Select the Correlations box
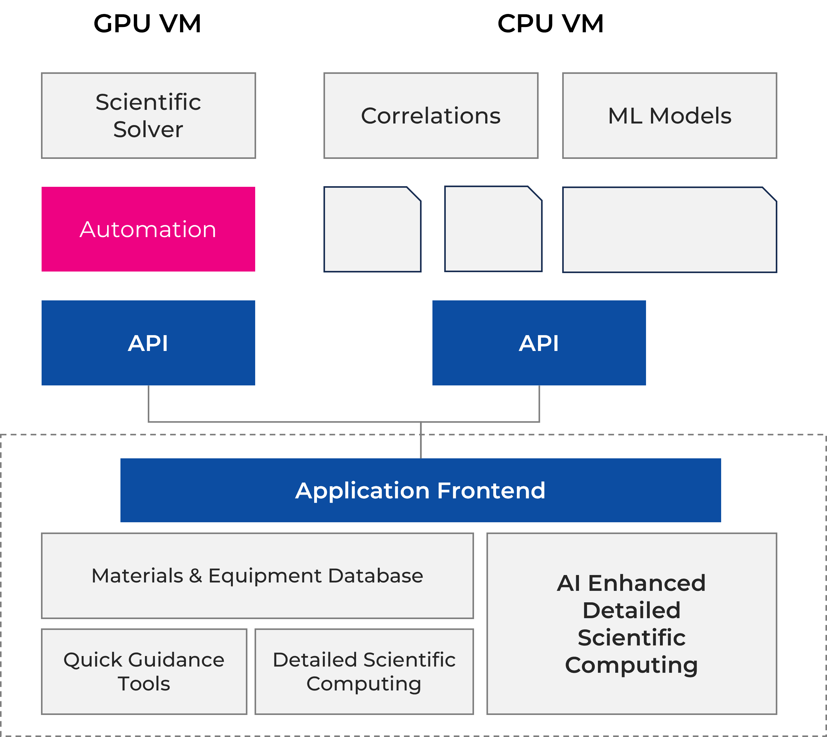click(x=431, y=115)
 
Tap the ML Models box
click(x=670, y=115)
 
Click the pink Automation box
click(x=148, y=229)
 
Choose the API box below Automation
click(x=148, y=343)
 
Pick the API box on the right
click(x=539, y=343)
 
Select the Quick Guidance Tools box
click(x=144, y=672)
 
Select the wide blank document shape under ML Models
click(x=670, y=230)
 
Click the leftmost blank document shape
click(x=372, y=230)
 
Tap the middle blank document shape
click(x=493, y=230)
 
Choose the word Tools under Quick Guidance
click(x=144, y=684)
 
